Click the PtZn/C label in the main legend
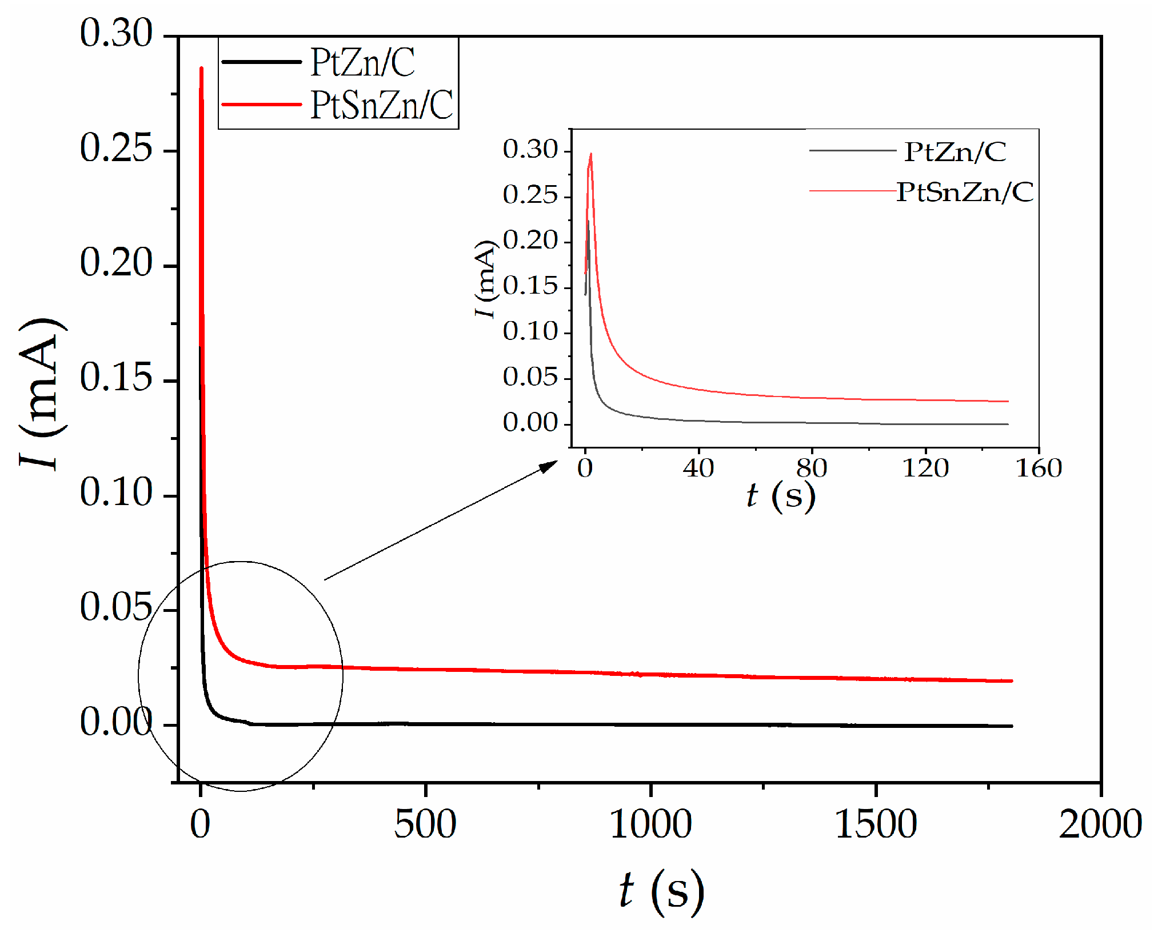[362, 62]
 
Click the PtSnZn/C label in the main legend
[382, 105]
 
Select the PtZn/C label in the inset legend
[955, 152]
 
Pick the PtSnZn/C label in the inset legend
[965, 192]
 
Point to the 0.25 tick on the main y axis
[116, 149]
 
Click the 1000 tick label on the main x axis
[650, 824]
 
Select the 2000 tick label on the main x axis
[1100, 824]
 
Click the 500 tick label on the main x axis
[425, 824]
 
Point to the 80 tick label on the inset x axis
[812, 468]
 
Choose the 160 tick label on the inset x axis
[1039, 468]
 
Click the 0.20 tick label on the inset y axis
[530, 240]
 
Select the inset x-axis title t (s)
[780, 495]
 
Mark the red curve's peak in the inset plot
[590, 154]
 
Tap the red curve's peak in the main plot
[201, 68]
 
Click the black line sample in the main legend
[261, 62]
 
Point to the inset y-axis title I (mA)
[485, 279]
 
